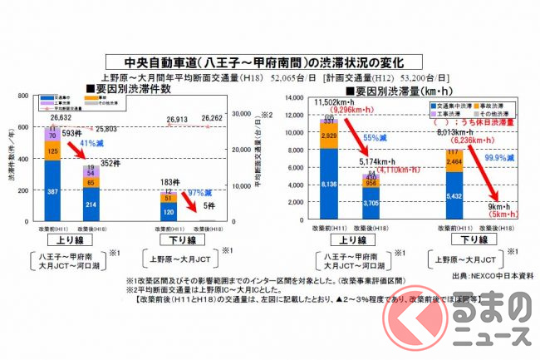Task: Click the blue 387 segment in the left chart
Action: (x=52, y=191)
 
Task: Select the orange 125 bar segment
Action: (x=52, y=151)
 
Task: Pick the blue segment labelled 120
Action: (x=169, y=211)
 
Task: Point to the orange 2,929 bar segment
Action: (x=329, y=135)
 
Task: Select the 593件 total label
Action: (x=72, y=133)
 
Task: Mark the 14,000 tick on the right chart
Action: (x=296, y=98)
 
